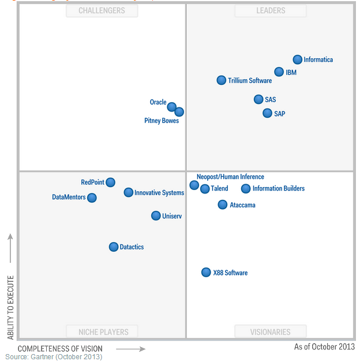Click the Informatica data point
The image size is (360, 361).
(x=298, y=59)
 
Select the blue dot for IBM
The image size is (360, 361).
(x=279, y=72)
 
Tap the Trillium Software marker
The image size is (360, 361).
(x=222, y=80)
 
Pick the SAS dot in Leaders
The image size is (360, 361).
(x=258, y=99)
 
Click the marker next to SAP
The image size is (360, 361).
(x=267, y=113)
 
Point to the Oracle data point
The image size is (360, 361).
(x=171, y=107)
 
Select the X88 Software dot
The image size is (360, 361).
(x=206, y=272)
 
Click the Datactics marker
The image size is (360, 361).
(x=114, y=247)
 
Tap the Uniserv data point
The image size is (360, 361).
(x=156, y=215)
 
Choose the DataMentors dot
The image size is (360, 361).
(x=92, y=198)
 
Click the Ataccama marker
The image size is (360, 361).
(x=223, y=204)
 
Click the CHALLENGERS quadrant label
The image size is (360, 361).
(x=102, y=10)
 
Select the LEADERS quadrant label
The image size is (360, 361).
(x=271, y=10)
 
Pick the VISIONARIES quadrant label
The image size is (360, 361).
(x=271, y=332)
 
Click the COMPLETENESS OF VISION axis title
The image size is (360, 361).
(x=60, y=349)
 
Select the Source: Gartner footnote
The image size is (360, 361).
(x=54, y=357)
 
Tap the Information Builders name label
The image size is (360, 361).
(x=278, y=188)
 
